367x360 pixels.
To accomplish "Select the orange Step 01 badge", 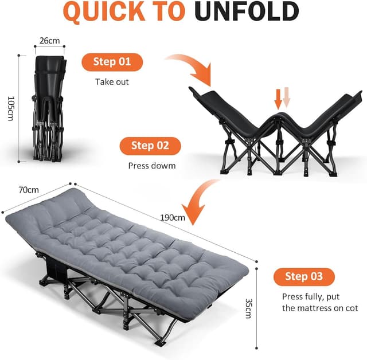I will point(112,62).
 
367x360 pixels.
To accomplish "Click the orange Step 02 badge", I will point(150,146).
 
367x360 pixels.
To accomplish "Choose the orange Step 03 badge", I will point(303,276).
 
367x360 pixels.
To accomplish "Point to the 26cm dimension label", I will point(49,41).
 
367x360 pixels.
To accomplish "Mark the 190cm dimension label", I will point(173,217).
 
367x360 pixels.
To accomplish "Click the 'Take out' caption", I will point(112,82).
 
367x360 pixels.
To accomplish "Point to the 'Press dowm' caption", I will point(151,166).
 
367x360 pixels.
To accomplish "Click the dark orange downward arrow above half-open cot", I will point(278,99).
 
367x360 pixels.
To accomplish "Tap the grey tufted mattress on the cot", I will point(132,241).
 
